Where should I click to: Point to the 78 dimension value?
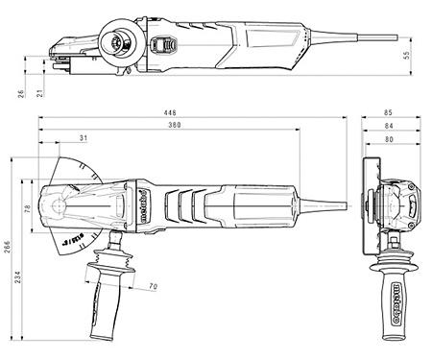(x=28, y=209)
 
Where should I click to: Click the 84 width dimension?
(x=387, y=125)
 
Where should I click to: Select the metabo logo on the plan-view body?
(x=142, y=204)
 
